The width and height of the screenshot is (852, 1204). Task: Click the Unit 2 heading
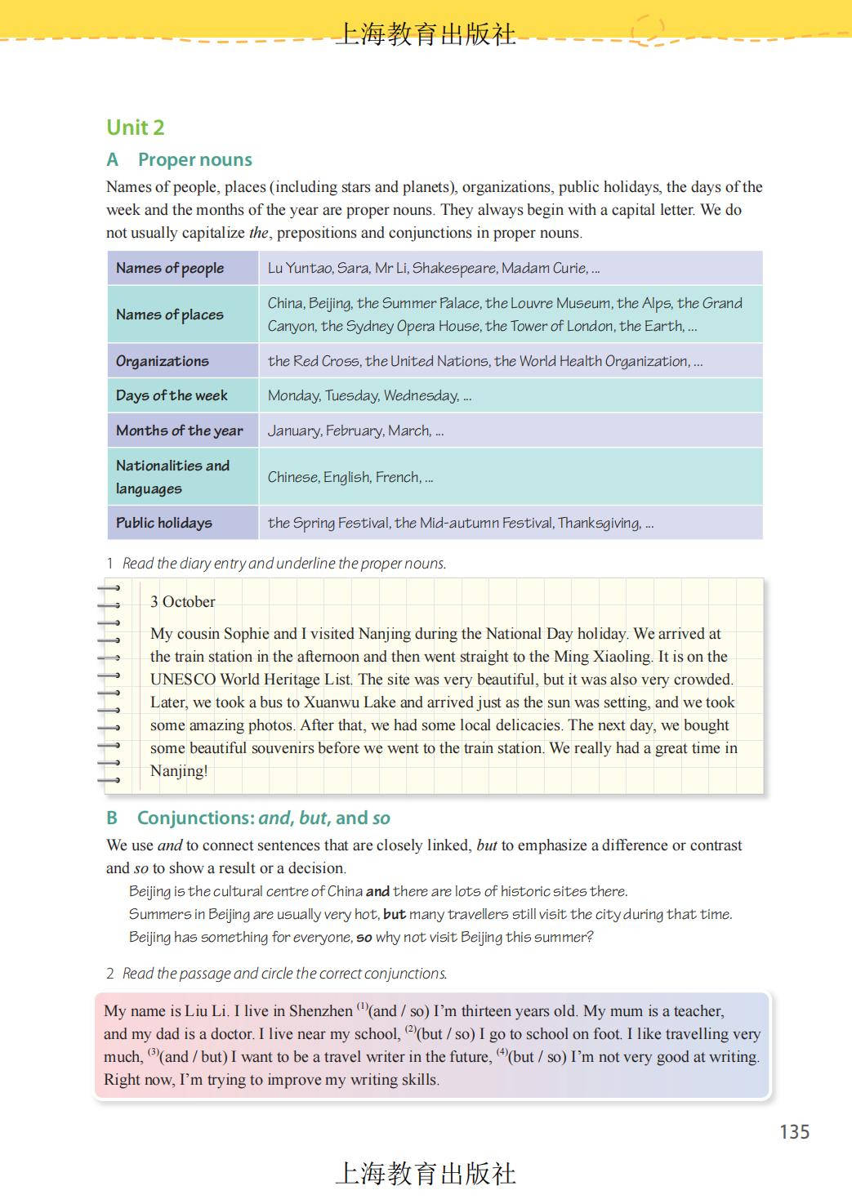pyautogui.click(x=136, y=127)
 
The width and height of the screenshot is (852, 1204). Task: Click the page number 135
pyautogui.click(x=794, y=1131)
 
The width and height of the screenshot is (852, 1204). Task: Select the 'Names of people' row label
pyautogui.click(x=170, y=268)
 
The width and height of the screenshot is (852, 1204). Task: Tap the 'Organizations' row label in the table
pyautogui.click(x=163, y=361)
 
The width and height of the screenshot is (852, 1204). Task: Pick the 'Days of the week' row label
pyautogui.click(x=172, y=395)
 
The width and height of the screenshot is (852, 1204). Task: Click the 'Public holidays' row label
pyautogui.click(x=164, y=523)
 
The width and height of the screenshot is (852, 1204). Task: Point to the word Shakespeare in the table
pyautogui.click(x=454, y=268)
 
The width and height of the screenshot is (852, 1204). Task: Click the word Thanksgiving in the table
pyautogui.click(x=599, y=523)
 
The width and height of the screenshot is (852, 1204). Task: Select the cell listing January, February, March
pyautogui.click(x=355, y=430)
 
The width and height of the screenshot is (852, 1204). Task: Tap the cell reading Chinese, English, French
pyautogui.click(x=350, y=477)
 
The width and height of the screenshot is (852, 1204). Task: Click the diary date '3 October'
pyautogui.click(x=183, y=602)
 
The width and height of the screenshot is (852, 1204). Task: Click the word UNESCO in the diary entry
pyautogui.click(x=183, y=680)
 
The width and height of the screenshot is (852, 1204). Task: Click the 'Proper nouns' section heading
pyautogui.click(x=195, y=160)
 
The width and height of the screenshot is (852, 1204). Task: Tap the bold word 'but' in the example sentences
pyautogui.click(x=394, y=914)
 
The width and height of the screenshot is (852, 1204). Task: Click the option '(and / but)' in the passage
pyautogui.click(x=194, y=1057)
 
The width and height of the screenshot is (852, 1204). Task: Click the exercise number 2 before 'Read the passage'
pyautogui.click(x=110, y=974)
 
